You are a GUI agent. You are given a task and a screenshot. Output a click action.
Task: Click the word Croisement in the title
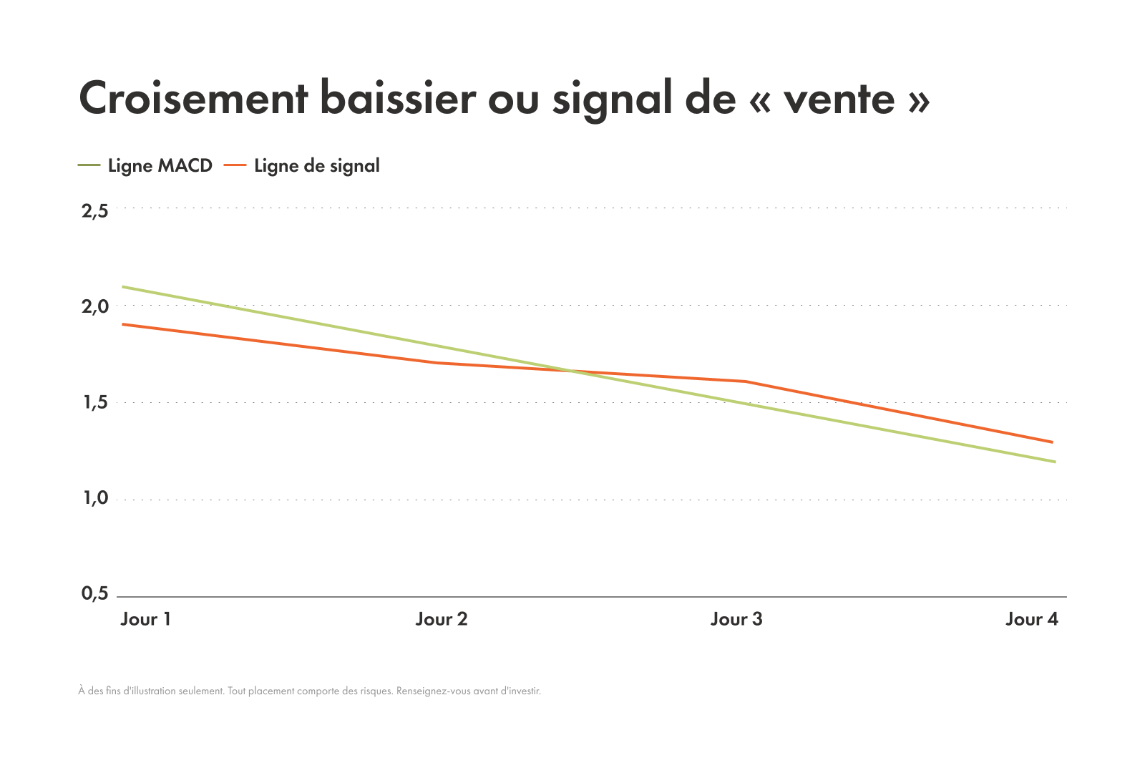pyautogui.click(x=193, y=98)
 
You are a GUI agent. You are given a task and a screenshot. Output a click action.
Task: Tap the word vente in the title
pyautogui.click(x=839, y=99)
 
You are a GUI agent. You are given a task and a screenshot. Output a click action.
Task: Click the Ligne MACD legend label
pyautogui.click(x=160, y=166)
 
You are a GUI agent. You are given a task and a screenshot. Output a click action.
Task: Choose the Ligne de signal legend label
pyautogui.click(x=317, y=166)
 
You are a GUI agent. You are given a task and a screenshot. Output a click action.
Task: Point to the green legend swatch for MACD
pyautogui.click(x=89, y=166)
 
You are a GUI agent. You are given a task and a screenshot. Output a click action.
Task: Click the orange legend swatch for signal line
pyautogui.click(x=235, y=166)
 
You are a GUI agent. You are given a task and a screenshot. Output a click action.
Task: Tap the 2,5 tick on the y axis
pyautogui.click(x=94, y=210)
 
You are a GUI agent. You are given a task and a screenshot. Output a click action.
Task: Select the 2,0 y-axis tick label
pyautogui.click(x=94, y=306)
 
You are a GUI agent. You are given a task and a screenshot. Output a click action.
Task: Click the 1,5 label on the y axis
pyautogui.click(x=94, y=402)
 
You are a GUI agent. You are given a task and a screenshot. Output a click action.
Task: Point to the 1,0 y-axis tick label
pyautogui.click(x=94, y=497)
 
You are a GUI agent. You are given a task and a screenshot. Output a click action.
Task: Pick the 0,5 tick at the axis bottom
pyautogui.click(x=94, y=593)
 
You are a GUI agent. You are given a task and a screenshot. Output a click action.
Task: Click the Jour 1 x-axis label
pyautogui.click(x=146, y=619)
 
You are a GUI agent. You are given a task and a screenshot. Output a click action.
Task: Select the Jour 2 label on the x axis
pyautogui.click(x=442, y=619)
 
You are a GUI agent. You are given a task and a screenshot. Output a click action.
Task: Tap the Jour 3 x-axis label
pyautogui.click(x=736, y=619)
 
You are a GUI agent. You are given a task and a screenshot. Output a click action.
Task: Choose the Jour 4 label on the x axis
pyautogui.click(x=1031, y=619)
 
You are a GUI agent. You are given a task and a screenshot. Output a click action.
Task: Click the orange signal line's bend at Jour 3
pyautogui.click(x=746, y=381)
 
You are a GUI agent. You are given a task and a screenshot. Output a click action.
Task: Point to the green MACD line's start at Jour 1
pyautogui.click(x=124, y=287)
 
